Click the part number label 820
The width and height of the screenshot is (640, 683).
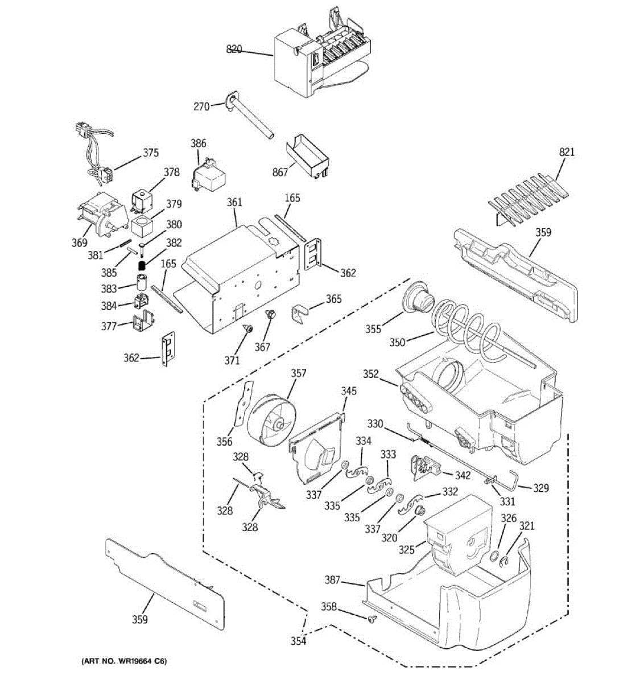tap(234, 50)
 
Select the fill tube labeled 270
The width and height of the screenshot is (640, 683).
tap(250, 116)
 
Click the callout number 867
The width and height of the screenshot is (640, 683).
tap(280, 172)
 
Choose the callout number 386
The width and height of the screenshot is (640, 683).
tap(199, 143)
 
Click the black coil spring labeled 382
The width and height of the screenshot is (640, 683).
tap(142, 265)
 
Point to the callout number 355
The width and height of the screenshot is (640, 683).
tap(373, 329)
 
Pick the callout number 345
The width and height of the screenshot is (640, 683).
tap(349, 391)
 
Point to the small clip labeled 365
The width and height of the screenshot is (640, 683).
tap(299, 315)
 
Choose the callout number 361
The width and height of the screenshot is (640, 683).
tap(234, 202)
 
